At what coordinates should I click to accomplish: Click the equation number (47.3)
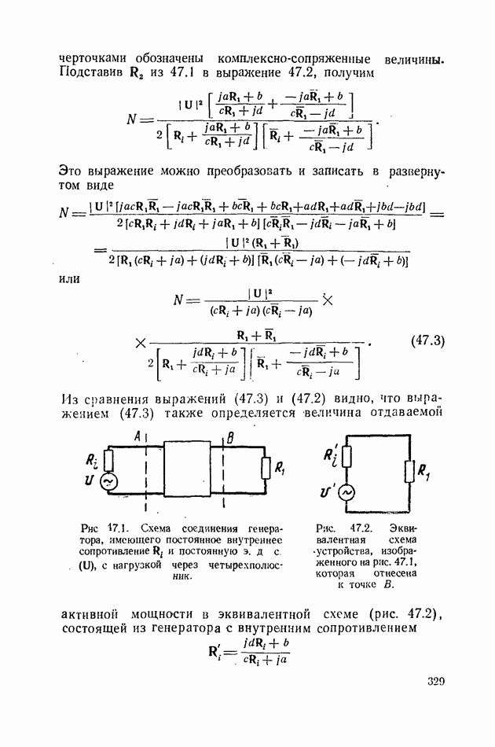click(x=427, y=340)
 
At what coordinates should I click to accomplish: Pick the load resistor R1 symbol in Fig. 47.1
click(x=266, y=469)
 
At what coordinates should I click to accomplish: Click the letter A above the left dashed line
click(x=137, y=436)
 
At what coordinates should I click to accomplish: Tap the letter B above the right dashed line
click(x=230, y=437)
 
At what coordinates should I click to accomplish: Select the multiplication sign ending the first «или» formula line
click(x=328, y=300)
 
